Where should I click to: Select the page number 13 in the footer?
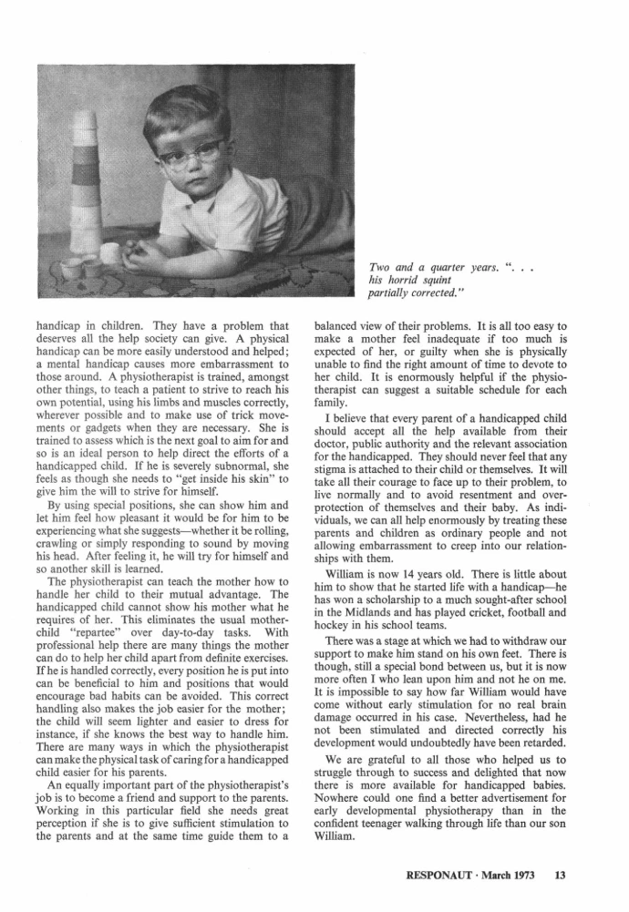click(x=560, y=876)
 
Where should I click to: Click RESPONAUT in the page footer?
click(x=442, y=876)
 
